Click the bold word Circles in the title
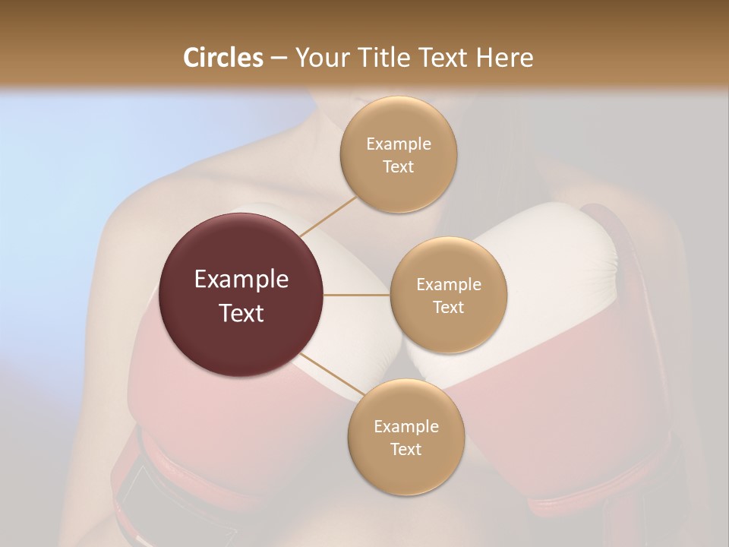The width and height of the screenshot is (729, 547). point(222,58)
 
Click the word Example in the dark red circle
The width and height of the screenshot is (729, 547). point(241,280)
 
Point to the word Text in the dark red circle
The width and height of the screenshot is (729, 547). point(241,313)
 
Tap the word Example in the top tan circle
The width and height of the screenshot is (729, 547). point(399,144)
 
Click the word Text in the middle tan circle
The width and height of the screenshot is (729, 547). point(448,308)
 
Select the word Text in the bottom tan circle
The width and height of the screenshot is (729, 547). point(406,450)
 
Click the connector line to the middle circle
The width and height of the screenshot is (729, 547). point(357,295)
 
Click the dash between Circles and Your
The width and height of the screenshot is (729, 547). point(278,58)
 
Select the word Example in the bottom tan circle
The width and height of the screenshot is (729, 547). point(406,427)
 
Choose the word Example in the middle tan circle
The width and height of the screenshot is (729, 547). point(448,285)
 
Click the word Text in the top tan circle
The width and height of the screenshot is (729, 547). point(399,167)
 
